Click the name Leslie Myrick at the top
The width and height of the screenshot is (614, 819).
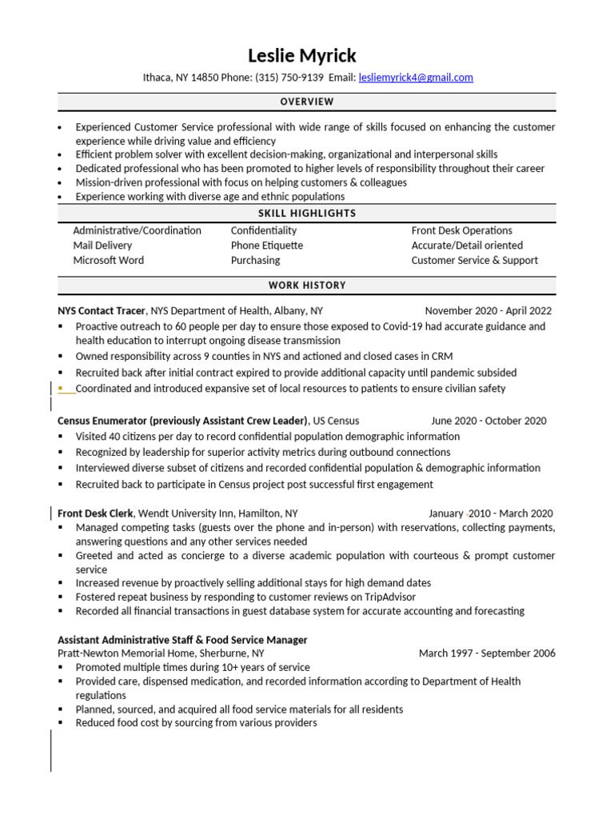pos(302,55)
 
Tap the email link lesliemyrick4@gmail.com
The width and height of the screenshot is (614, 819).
pos(416,78)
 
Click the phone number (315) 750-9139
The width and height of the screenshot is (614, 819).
pos(289,78)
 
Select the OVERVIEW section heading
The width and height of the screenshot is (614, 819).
pos(307,102)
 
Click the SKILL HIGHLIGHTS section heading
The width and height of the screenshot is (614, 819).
pos(307,214)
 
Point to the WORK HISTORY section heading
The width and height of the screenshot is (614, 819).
pos(307,286)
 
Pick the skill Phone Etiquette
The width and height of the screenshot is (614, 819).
pos(267,246)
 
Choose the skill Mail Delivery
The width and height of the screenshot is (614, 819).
pos(102,246)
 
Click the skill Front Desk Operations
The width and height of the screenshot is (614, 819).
pos(461,230)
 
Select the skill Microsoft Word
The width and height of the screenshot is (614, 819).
pos(108,260)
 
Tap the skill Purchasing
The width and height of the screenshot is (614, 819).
pos(255,260)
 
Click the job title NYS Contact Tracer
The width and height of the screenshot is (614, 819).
pos(102,310)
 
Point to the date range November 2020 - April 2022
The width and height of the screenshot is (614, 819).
pos(488,310)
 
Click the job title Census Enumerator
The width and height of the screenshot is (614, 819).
pos(102,421)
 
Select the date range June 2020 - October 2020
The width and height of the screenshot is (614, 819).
pos(488,421)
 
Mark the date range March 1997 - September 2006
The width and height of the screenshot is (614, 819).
pos(487,653)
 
